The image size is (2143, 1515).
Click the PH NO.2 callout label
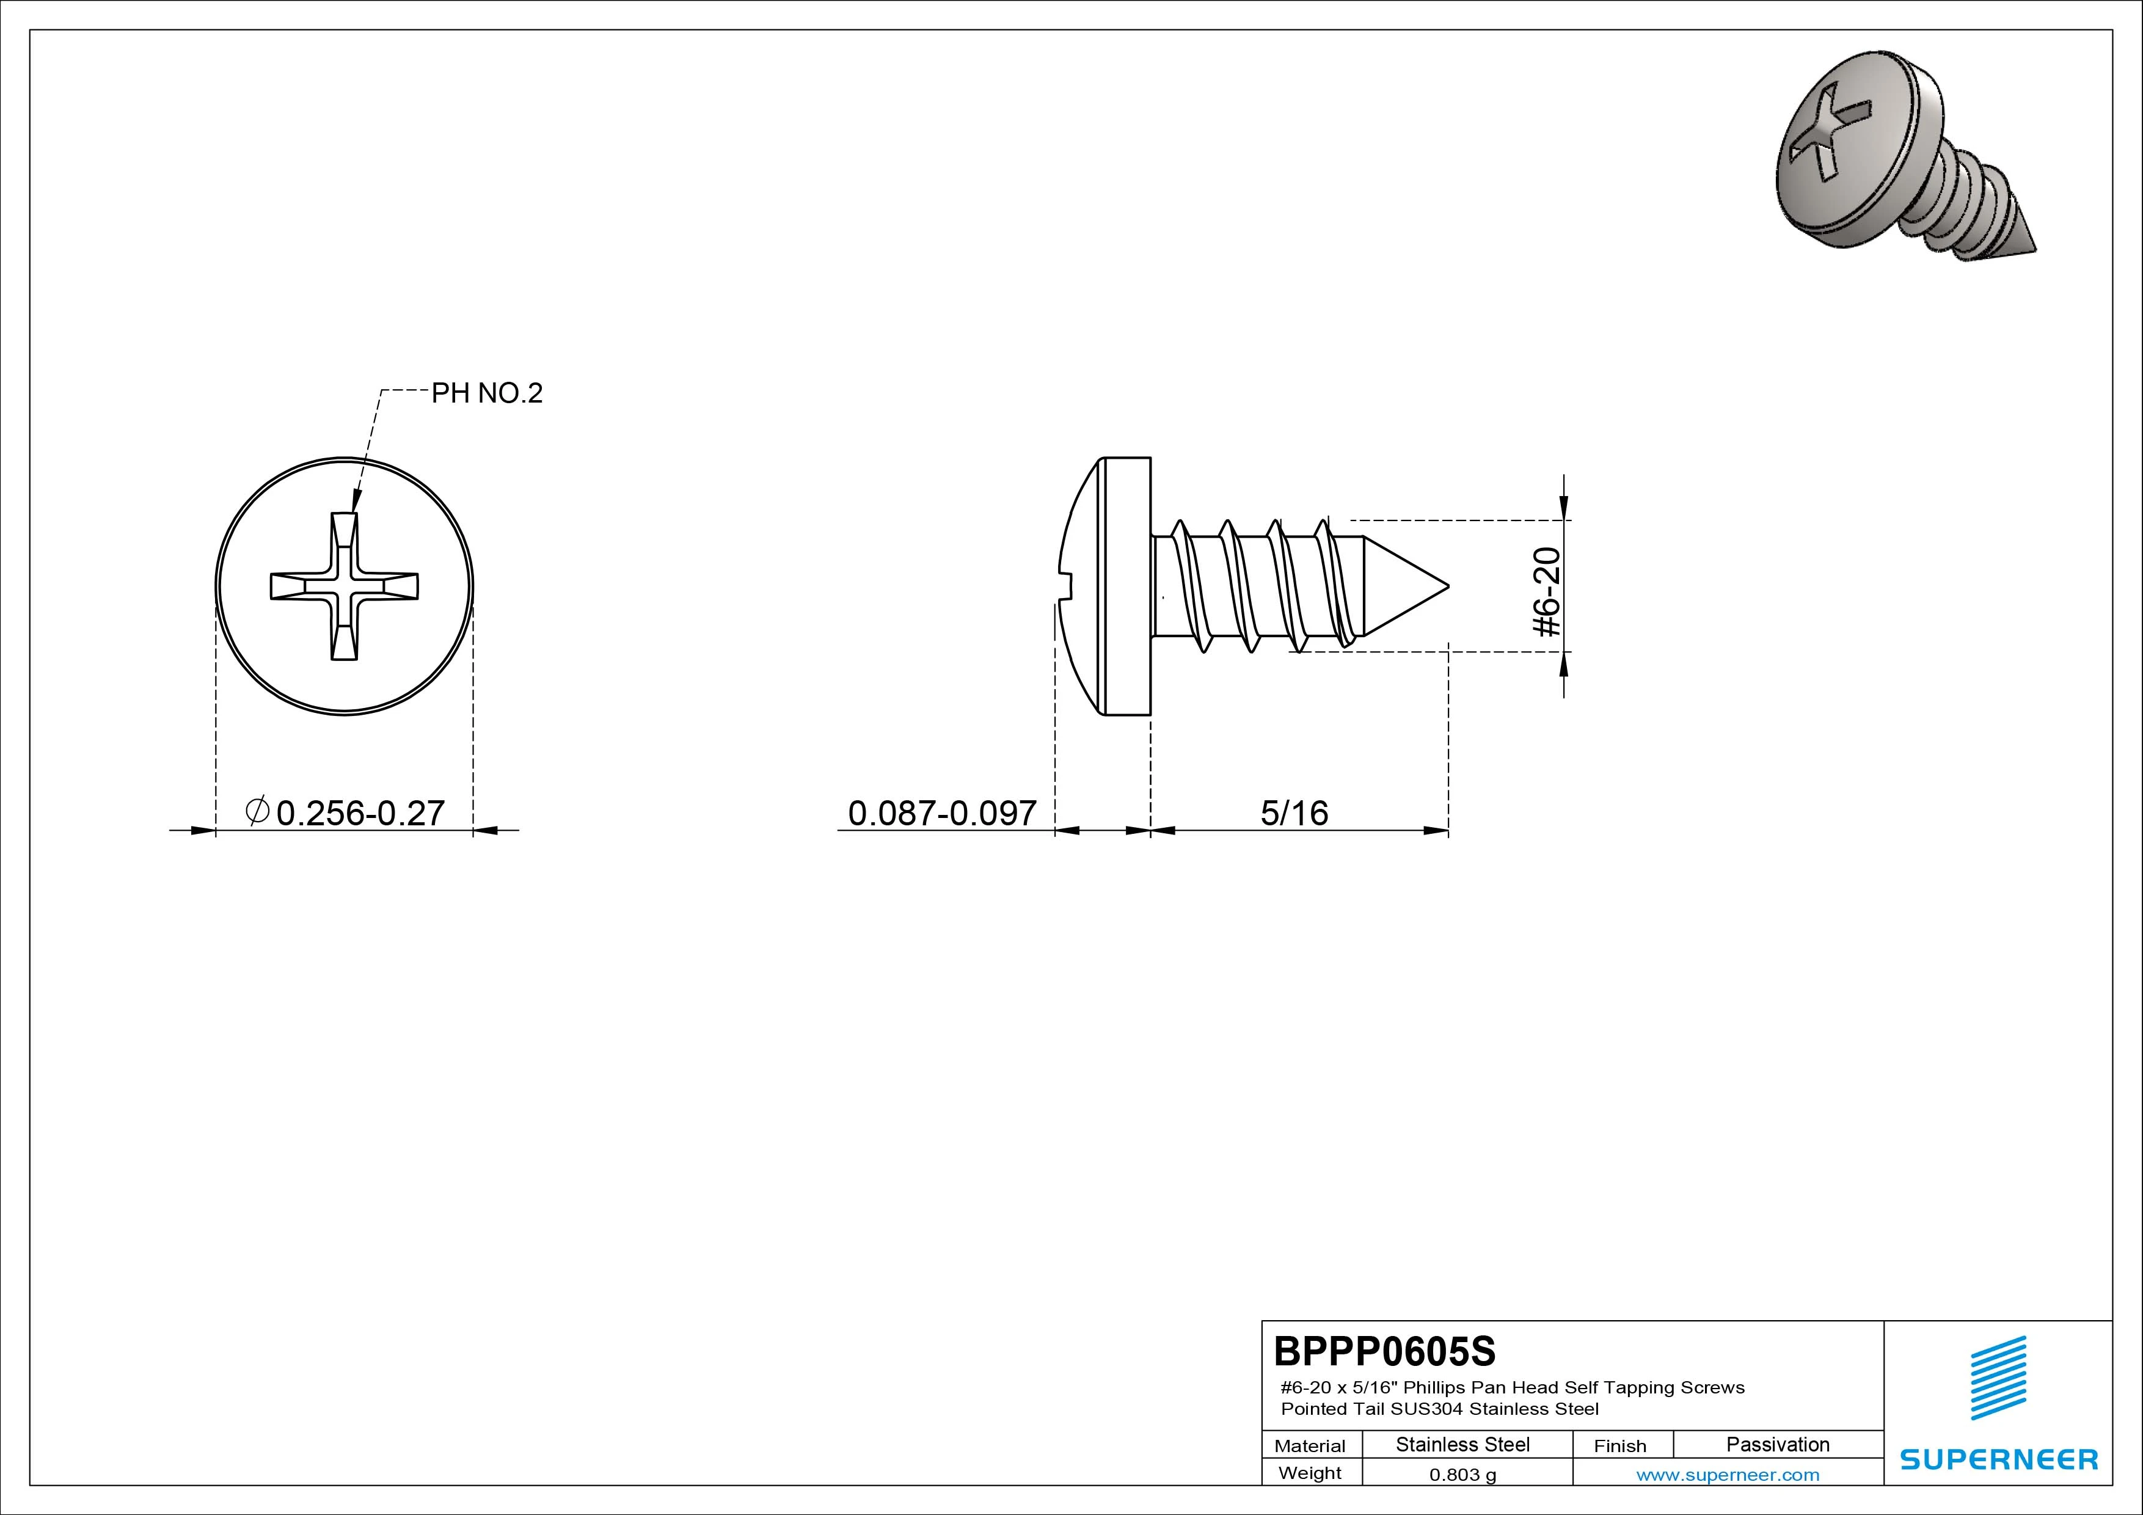(x=486, y=393)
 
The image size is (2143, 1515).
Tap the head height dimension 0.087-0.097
(x=942, y=813)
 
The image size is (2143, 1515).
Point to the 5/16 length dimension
(x=1294, y=813)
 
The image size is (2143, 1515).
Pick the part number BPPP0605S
(x=1384, y=1351)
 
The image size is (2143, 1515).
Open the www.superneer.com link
(x=1728, y=1475)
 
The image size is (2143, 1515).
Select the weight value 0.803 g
(x=1462, y=1475)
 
